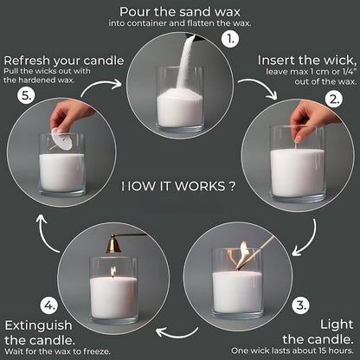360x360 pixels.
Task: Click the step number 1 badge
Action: tap(230, 40)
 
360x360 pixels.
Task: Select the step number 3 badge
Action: tap(299, 304)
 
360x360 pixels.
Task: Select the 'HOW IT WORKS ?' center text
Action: tap(178, 185)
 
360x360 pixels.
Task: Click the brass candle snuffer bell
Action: tap(112, 247)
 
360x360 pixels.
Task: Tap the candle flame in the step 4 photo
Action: tap(112, 272)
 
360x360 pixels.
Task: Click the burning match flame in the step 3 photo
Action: tap(243, 252)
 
